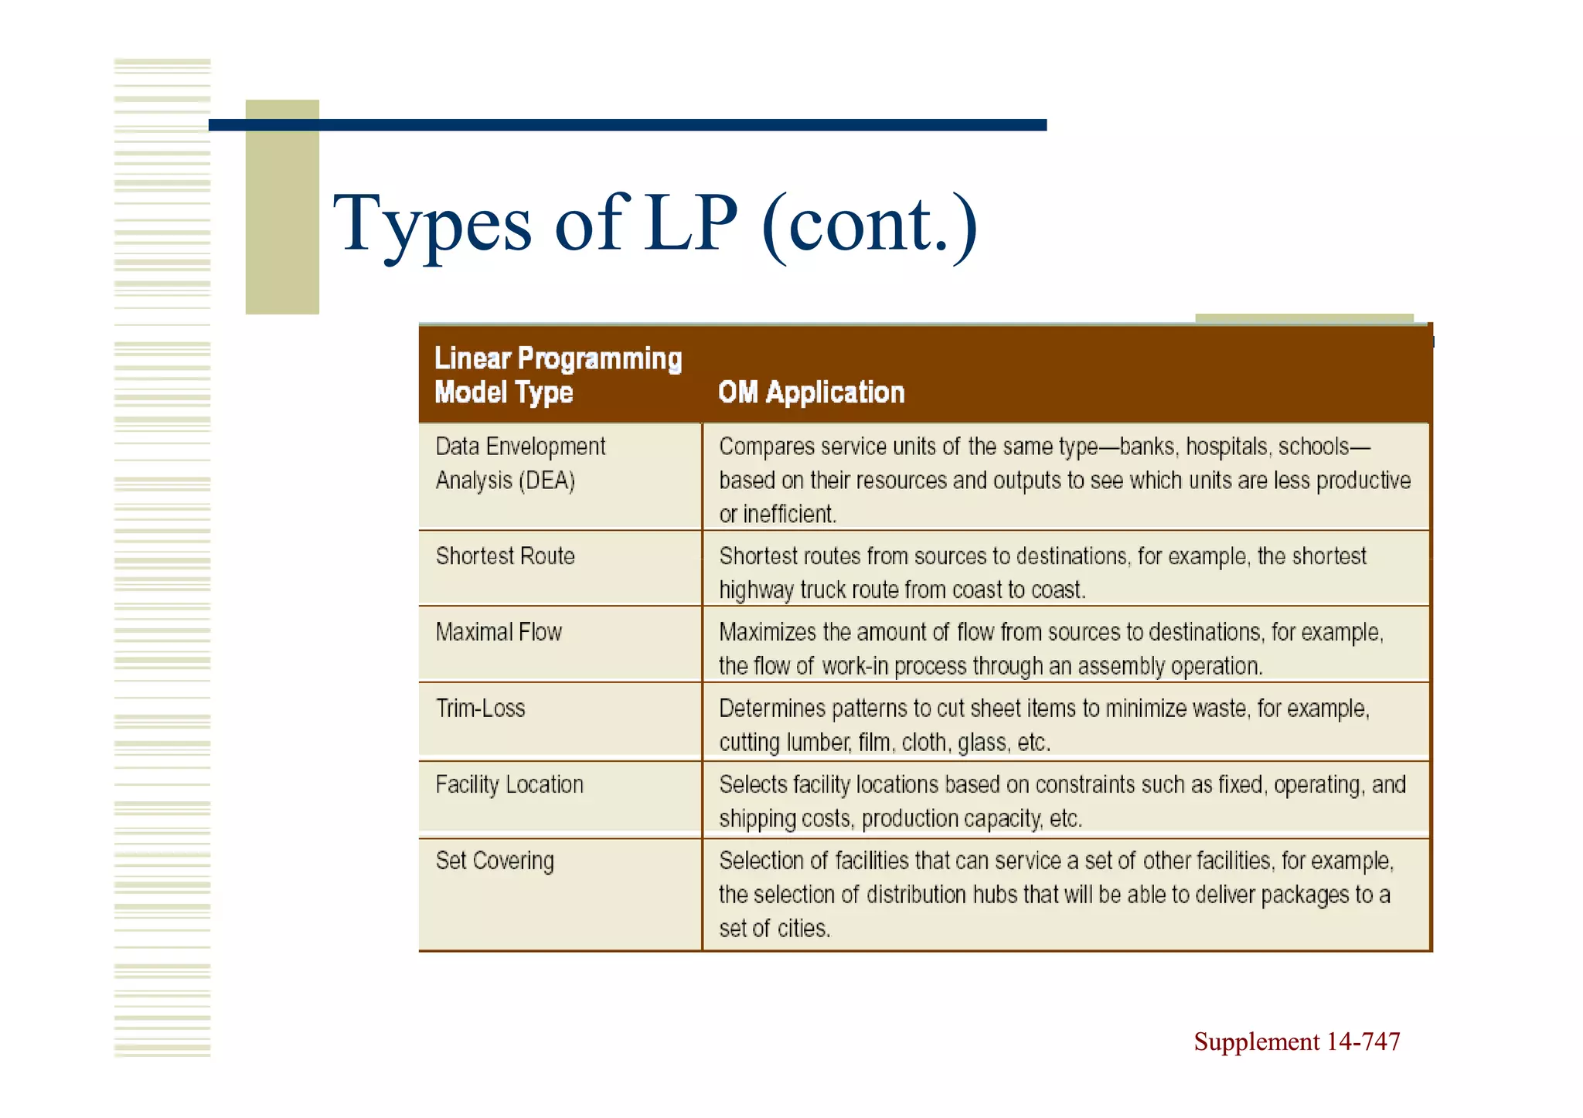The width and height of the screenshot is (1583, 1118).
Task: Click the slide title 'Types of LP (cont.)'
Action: [655, 224]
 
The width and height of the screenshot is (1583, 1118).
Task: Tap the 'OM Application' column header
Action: [811, 392]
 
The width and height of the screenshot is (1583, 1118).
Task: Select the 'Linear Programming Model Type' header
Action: [558, 375]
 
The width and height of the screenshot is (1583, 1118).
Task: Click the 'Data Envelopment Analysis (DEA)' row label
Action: [520, 464]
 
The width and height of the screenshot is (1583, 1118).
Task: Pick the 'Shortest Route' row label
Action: [506, 556]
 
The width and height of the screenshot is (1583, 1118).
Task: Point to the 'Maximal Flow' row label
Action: [499, 632]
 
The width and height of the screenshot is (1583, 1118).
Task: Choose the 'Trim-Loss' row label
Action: [480, 709]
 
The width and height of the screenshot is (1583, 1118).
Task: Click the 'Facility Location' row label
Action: [509, 785]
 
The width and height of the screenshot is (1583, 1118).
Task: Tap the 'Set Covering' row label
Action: [495, 861]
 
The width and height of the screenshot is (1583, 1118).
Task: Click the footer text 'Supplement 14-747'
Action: [1296, 1042]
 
